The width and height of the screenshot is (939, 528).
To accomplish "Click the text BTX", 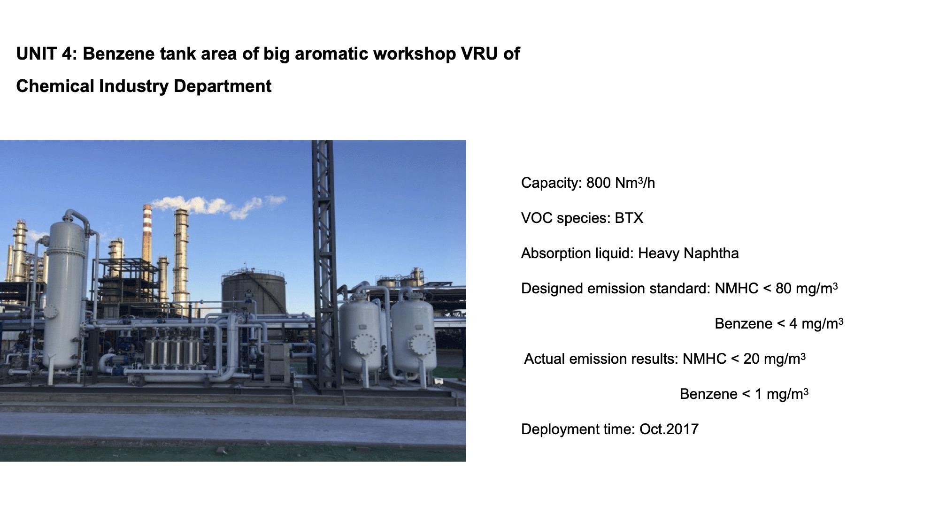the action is [629, 218].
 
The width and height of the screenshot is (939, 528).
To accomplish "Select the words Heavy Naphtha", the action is [688, 253].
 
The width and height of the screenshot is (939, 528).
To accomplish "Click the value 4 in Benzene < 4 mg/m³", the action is [793, 323].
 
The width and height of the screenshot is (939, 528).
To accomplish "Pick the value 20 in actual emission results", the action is [752, 359].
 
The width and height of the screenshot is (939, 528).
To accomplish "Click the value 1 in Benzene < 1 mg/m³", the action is [758, 394].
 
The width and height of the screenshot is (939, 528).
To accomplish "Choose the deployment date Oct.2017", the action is [669, 429].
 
